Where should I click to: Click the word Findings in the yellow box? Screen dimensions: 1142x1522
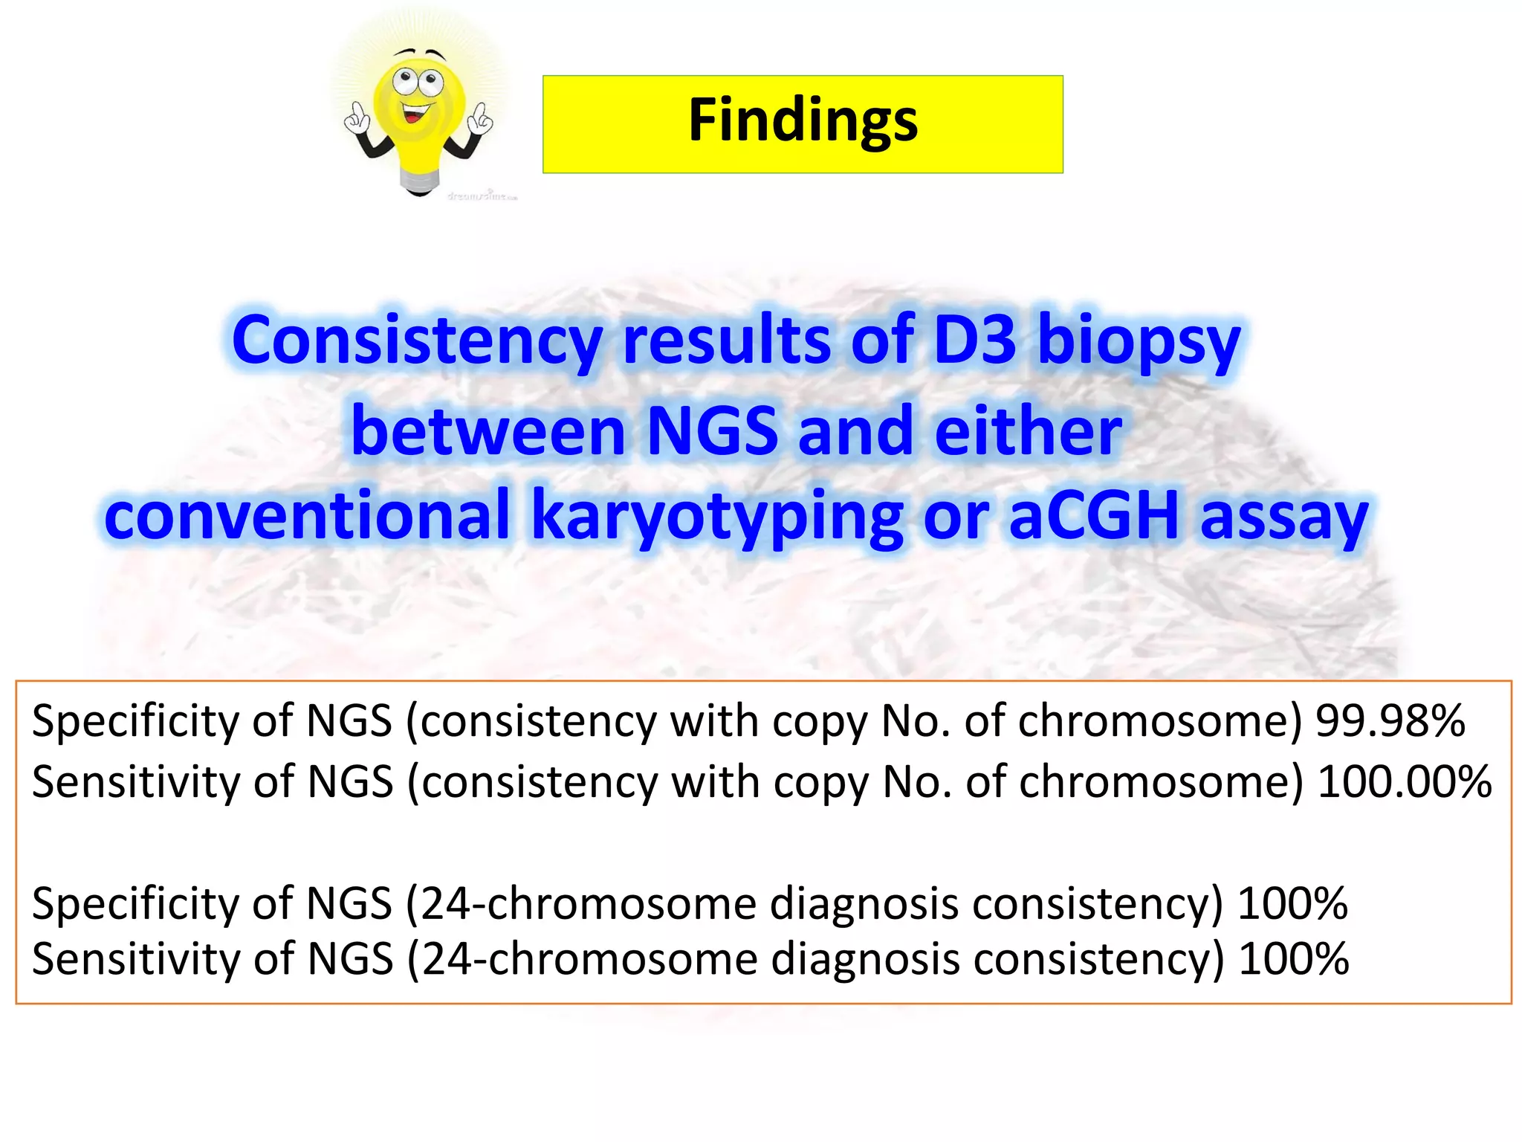tap(803, 121)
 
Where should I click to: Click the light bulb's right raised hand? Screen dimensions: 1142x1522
tap(482, 119)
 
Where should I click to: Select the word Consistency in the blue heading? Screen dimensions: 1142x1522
tap(416, 341)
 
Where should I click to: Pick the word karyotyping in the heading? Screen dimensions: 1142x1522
tap(717, 517)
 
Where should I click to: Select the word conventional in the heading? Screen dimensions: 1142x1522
tap(307, 516)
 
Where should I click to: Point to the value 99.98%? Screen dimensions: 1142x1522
tap(1390, 721)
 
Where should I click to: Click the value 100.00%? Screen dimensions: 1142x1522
tap(1404, 782)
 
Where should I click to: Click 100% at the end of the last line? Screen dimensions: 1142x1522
tap(1293, 959)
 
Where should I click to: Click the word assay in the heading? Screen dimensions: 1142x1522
tap(1284, 516)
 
